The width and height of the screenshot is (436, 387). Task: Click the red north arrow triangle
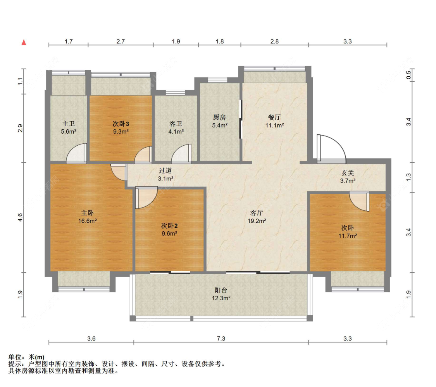click(x=24, y=42)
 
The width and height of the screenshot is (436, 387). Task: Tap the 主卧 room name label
click(x=87, y=213)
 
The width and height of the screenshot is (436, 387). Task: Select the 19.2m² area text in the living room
click(x=257, y=221)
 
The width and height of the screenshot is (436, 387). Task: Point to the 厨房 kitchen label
click(x=220, y=117)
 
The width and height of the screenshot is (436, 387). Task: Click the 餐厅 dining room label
click(x=274, y=117)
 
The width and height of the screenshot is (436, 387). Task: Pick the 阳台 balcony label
click(x=221, y=290)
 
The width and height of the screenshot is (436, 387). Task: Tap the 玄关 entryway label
click(x=348, y=173)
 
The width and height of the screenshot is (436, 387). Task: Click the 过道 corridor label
click(x=165, y=171)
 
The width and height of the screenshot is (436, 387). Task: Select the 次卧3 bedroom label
click(x=121, y=124)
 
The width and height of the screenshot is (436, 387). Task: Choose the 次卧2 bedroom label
click(x=169, y=226)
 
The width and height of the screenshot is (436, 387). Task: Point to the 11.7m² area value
click(x=348, y=236)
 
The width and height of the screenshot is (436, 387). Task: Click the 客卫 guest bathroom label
click(x=176, y=124)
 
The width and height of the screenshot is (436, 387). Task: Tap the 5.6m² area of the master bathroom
click(x=69, y=131)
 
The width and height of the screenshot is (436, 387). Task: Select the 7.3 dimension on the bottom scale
click(x=221, y=338)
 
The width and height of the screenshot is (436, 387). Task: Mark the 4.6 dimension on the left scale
click(x=20, y=217)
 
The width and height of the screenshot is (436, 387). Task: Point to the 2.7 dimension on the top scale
click(x=121, y=41)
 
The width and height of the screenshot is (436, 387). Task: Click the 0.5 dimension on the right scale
click(x=408, y=75)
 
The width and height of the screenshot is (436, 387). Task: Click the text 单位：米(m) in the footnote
click(x=26, y=357)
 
